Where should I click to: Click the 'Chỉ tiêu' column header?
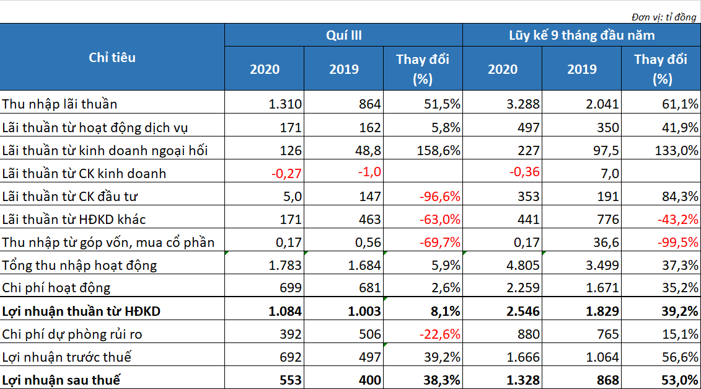coord(112,57)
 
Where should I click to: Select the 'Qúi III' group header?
coord(343,35)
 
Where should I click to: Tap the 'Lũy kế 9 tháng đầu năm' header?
coord(581,35)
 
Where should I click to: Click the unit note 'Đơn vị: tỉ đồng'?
coord(664,17)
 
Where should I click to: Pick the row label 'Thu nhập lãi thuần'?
coord(60,104)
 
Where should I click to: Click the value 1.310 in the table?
coord(285,104)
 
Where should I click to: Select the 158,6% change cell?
coord(439,150)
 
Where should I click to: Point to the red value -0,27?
coord(286,173)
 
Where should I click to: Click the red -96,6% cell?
coord(440,196)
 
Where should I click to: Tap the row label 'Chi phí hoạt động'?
coord(56,288)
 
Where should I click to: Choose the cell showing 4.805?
coord(523,265)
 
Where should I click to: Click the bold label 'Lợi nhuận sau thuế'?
coord(61,380)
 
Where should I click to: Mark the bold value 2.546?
coord(523,311)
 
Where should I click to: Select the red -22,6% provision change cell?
coord(440,334)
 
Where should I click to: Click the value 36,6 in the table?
coord(606,242)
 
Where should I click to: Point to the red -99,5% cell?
coord(677,242)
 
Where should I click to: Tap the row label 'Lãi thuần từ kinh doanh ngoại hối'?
coord(105,150)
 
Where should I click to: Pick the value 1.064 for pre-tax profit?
coord(602,357)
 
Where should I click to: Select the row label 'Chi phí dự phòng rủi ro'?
coord(72,334)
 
